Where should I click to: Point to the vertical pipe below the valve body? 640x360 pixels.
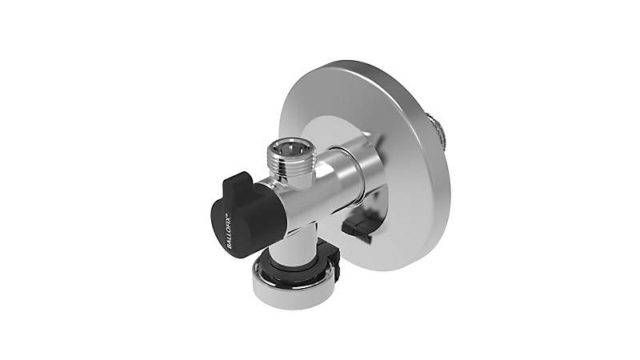point(300,240)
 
